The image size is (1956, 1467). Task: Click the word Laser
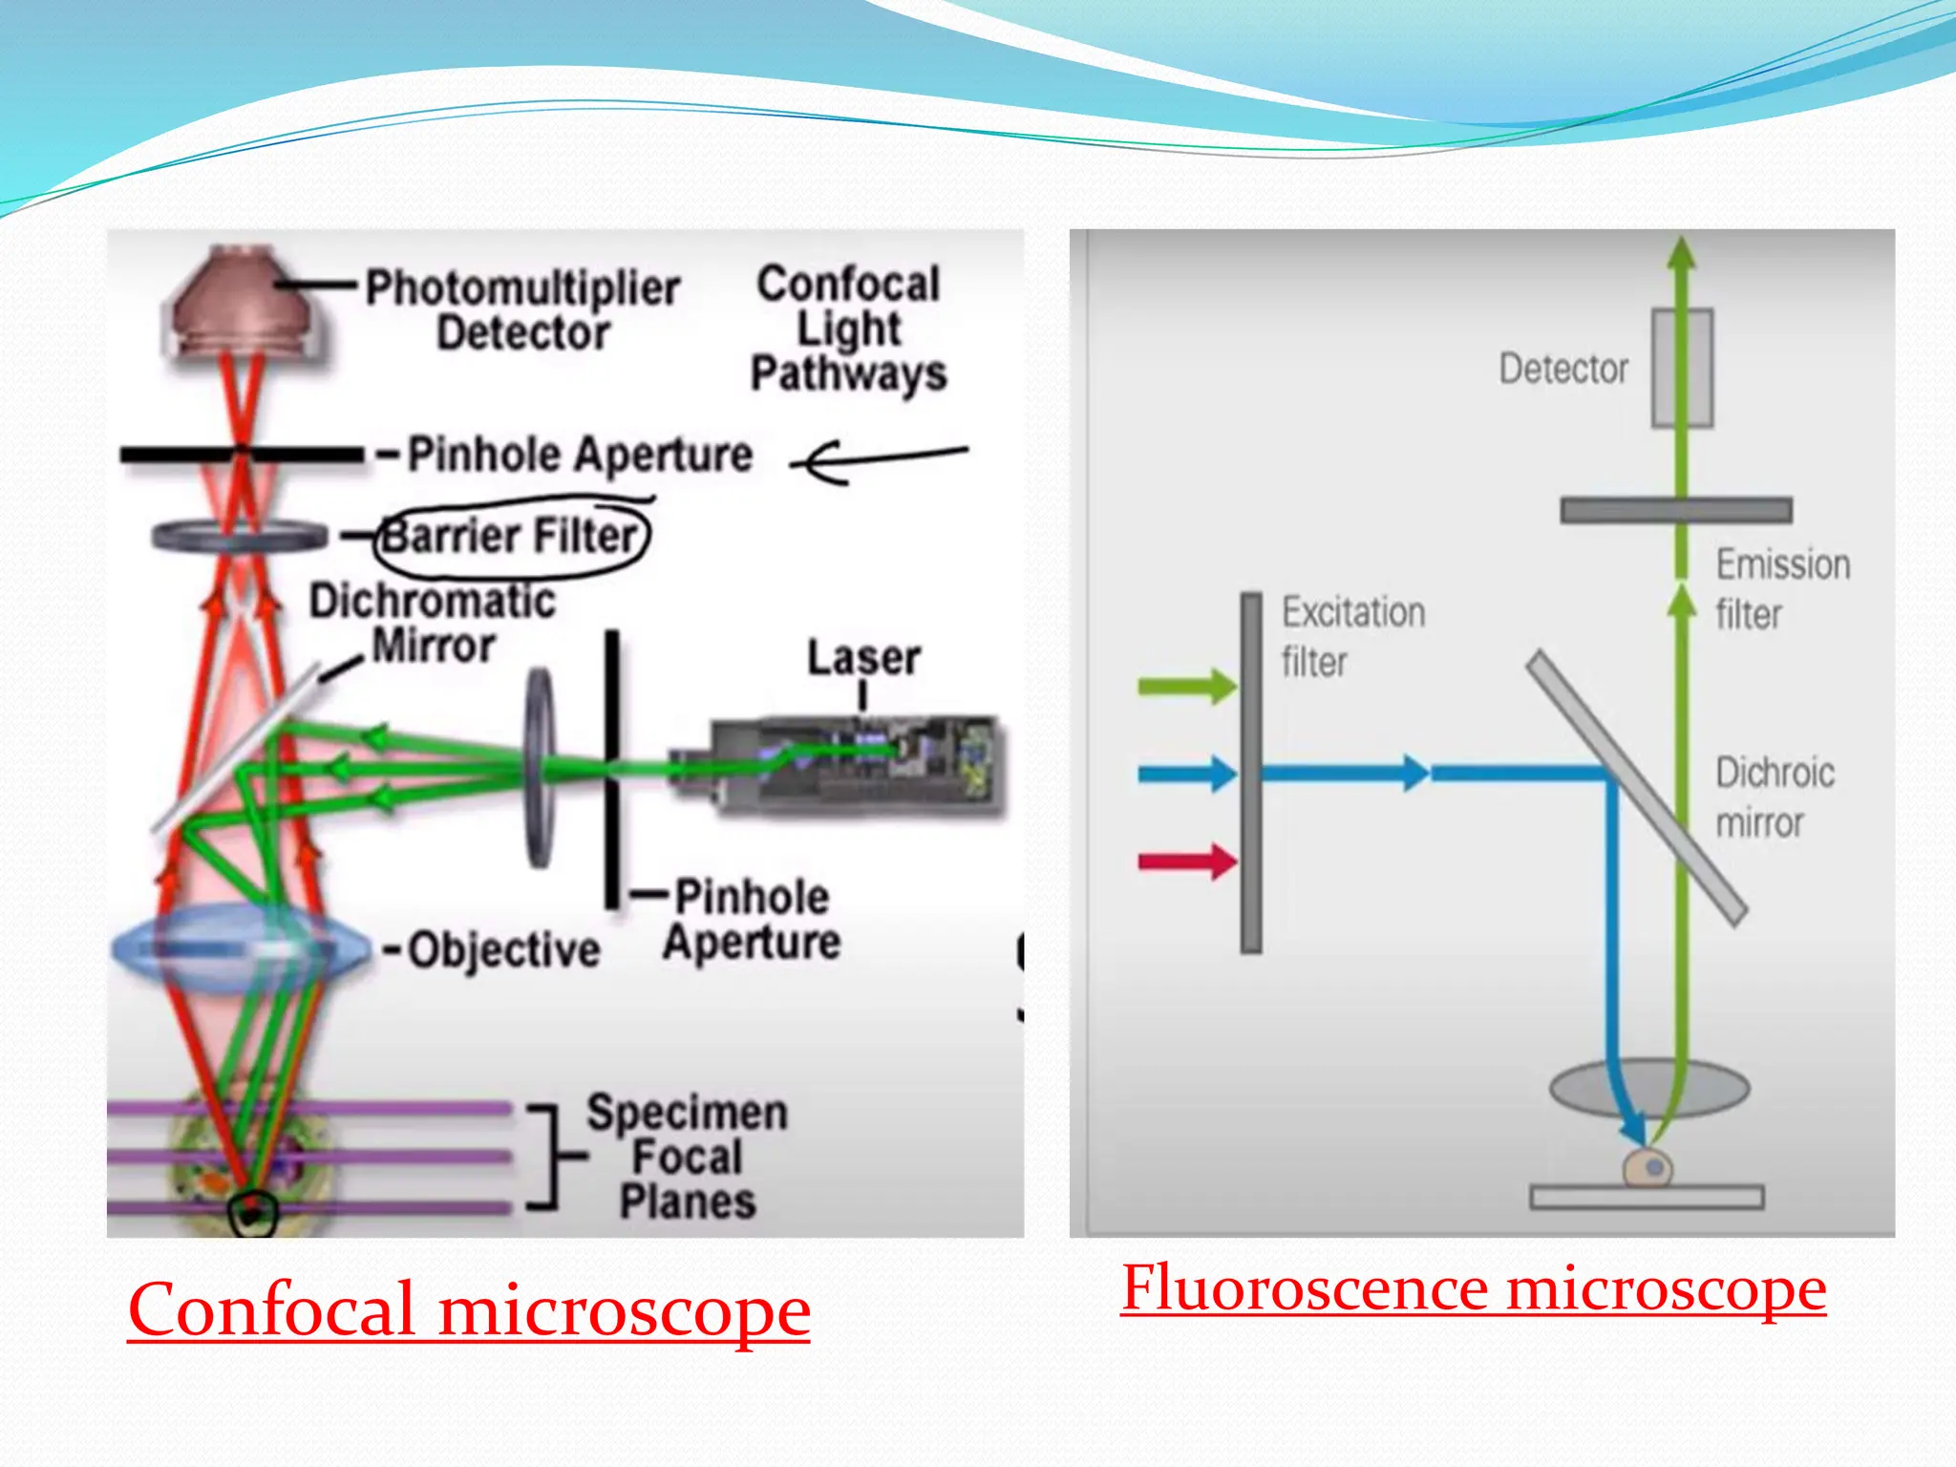pos(863,658)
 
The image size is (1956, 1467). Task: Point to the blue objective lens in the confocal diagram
pos(239,947)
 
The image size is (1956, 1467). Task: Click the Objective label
pos(503,950)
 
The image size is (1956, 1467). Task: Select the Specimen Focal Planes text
pos(687,1157)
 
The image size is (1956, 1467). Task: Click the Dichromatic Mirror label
pos(432,623)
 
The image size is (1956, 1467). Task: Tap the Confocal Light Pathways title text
pos(848,329)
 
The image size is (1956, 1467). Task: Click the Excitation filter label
pos(1351,636)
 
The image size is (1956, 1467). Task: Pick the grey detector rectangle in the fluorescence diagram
pos(1682,368)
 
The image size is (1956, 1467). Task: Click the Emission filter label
pos(1782,588)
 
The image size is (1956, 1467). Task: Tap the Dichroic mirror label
pos(1774,797)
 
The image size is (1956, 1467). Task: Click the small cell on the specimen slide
pos(1648,1167)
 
